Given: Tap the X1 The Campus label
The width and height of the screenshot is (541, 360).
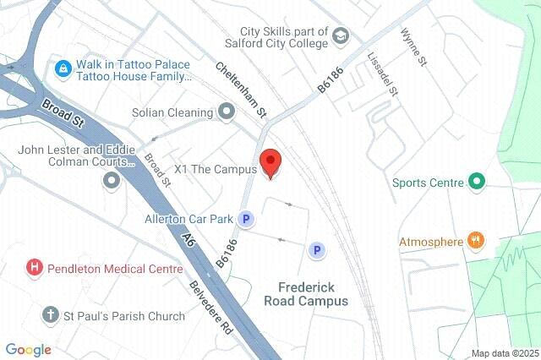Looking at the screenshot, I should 215,169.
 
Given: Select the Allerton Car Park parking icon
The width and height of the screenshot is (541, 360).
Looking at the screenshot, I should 246,219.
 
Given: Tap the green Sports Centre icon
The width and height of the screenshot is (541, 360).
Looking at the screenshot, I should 476,182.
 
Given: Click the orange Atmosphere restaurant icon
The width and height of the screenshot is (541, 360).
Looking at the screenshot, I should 477,242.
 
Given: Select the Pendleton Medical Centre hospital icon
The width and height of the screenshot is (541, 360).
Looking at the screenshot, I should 35,269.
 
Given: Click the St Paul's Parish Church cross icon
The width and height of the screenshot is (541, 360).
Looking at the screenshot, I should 52,316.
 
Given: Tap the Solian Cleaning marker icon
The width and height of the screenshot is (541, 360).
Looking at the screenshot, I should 226,112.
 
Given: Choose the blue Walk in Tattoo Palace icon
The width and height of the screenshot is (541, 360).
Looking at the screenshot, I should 62,68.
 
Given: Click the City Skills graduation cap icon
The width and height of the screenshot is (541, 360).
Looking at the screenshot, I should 340,36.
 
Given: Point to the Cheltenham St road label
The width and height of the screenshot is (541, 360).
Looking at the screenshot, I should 242,89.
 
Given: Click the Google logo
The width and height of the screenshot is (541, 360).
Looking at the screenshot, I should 28,350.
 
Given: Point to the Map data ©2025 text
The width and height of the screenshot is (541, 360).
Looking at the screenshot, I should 505,353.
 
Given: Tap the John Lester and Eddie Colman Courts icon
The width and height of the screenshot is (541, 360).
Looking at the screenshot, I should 112,179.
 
